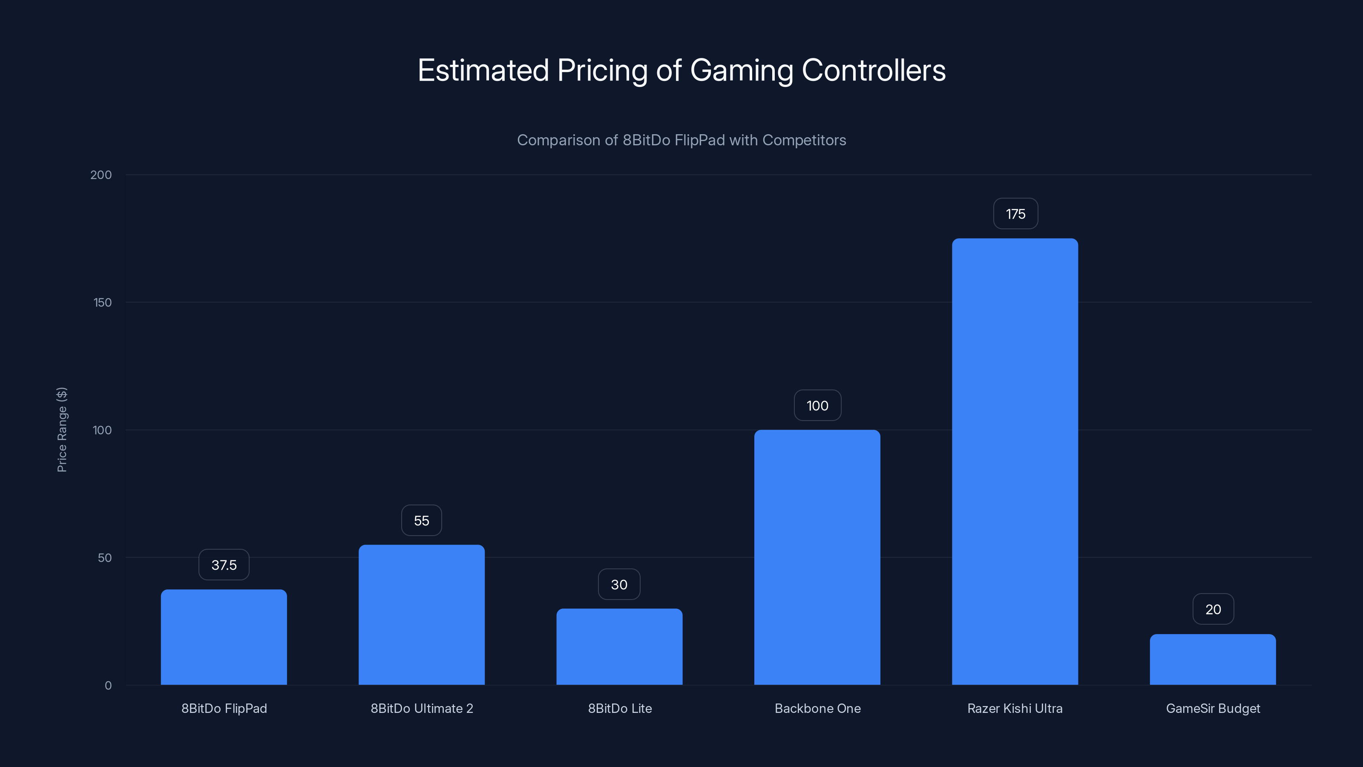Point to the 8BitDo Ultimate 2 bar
(421, 614)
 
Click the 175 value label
(1015, 214)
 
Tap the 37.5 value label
(224, 565)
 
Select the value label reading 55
(421, 520)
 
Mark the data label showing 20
(1213, 609)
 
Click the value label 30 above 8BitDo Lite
(619, 584)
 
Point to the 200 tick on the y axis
(101, 175)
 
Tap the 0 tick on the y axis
(108, 686)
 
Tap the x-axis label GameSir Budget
(1213, 708)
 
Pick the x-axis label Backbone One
(817, 708)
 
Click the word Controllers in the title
(874, 70)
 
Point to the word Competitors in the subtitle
(804, 140)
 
